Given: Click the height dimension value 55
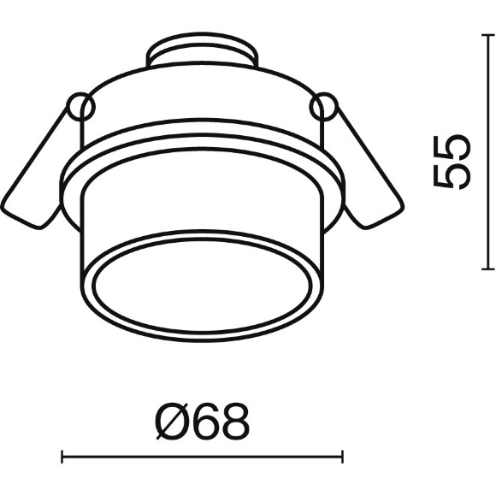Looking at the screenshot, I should [x=452, y=161].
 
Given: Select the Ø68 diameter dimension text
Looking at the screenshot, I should [x=203, y=421].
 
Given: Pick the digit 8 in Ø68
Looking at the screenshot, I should [x=233, y=421].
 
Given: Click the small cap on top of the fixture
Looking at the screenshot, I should [x=202, y=53].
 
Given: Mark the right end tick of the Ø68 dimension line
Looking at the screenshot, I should [x=343, y=457].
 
